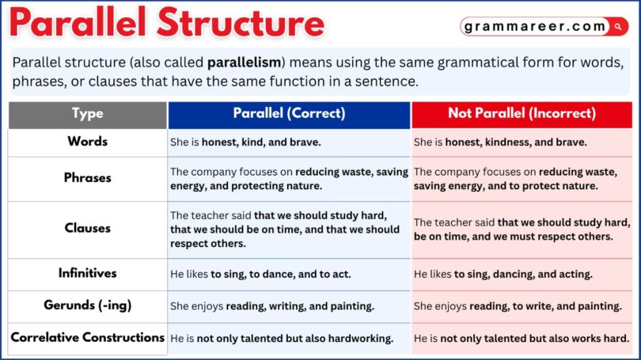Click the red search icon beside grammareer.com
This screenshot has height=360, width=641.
pos(618,27)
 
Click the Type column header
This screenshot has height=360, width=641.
pos(87,114)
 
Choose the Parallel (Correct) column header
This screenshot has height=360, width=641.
pos(289,114)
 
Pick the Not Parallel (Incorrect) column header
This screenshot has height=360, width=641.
pos(522,114)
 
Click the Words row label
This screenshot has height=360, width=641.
pos(87,142)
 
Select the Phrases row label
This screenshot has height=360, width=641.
pos(87,178)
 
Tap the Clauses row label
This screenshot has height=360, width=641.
pos(87,229)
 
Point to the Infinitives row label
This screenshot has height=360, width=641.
pos(87,274)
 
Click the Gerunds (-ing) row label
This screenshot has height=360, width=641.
pos(87,305)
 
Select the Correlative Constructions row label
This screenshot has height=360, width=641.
pos(87,338)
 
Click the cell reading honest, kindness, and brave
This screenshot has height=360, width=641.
pos(500,142)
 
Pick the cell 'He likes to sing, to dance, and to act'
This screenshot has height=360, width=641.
pos(260,275)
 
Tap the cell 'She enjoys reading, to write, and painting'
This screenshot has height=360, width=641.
pos(518,306)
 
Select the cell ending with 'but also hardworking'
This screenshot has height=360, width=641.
pos(282,339)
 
